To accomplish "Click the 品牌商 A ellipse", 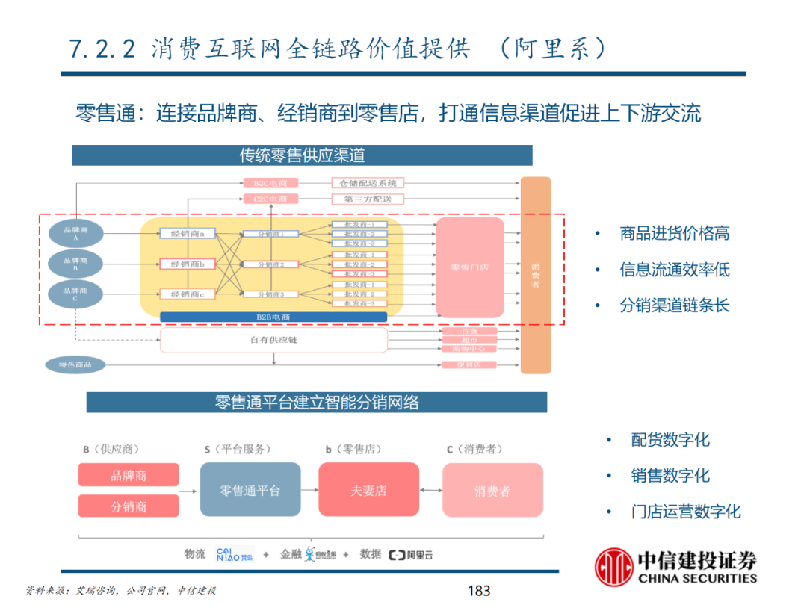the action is [75, 233].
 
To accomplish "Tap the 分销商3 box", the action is [270, 294].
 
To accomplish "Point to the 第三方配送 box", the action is [368, 199].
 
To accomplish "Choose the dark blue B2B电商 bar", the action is [273, 317].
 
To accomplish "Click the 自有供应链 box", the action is [273, 341].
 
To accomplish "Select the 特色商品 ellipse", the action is [75, 365].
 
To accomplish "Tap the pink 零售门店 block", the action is [469, 267].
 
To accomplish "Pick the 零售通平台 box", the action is [250, 490].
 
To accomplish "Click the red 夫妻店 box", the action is [368, 490].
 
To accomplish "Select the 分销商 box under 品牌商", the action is [129, 506].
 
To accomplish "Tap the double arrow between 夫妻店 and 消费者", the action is [430, 490].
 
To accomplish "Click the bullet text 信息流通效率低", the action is [674, 270].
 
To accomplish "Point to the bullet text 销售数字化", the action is [670, 476].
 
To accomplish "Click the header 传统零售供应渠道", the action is [302, 155].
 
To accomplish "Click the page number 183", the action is [478, 591].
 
